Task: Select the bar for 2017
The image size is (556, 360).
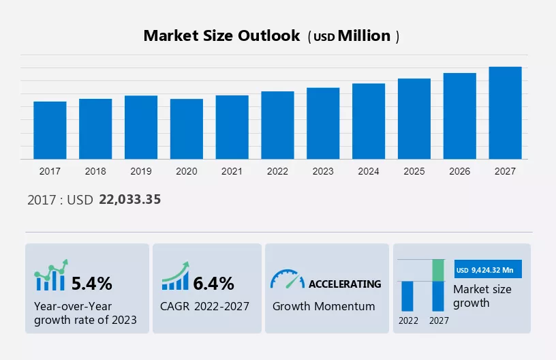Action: pyautogui.click(x=50, y=130)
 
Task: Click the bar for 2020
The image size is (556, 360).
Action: pyautogui.click(x=187, y=129)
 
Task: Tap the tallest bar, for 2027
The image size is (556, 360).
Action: pyautogui.click(x=505, y=112)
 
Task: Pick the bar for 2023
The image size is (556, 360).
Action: pyautogui.click(x=323, y=123)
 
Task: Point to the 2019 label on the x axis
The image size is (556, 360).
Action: pyautogui.click(x=141, y=171)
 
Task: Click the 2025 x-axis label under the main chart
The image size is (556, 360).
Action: pyautogui.click(x=414, y=171)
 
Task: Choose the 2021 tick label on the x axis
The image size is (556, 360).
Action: pyautogui.click(x=232, y=171)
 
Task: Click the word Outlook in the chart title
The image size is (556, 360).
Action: pyautogui.click(x=268, y=36)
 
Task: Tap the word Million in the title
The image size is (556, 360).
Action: pyautogui.click(x=364, y=36)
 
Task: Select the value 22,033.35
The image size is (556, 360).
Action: pyautogui.click(x=129, y=199)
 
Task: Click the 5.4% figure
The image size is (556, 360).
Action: pyautogui.click(x=92, y=284)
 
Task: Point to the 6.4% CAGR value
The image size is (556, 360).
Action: pyautogui.click(x=213, y=284)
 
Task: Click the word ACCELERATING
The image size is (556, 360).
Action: pyautogui.click(x=345, y=284)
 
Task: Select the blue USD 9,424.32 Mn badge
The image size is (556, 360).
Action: pyautogui.click(x=488, y=269)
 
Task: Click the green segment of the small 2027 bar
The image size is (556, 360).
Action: pyautogui.click(x=438, y=270)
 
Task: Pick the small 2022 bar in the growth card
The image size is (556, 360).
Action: pyautogui.click(x=407, y=296)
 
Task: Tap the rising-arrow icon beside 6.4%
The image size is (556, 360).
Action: pyautogui.click(x=176, y=276)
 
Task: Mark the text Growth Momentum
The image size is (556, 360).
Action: pyautogui.click(x=324, y=306)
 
